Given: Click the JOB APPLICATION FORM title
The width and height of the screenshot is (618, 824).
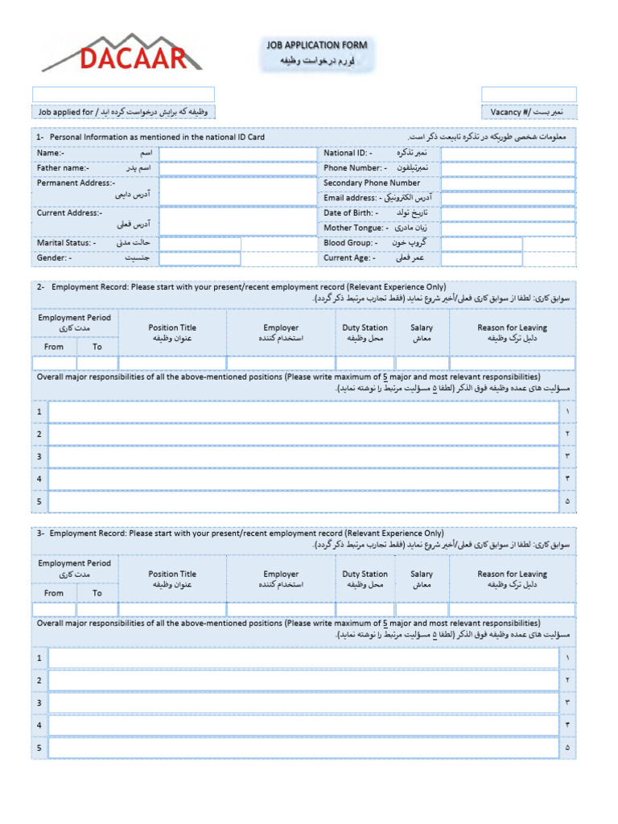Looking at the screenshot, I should (317, 46).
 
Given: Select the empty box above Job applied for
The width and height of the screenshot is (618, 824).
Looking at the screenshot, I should (123, 94).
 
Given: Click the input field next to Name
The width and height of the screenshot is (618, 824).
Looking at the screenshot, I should (238, 153).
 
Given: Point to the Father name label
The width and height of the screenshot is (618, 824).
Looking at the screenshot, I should (64, 168).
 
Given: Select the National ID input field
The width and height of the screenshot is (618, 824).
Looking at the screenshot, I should (508, 153).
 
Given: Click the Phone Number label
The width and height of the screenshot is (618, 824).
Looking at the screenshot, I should (356, 168).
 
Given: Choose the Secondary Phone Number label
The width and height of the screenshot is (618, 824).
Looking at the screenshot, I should (372, 183).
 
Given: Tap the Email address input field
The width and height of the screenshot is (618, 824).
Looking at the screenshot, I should (508, 198).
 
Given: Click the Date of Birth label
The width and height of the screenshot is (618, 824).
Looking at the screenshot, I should (352, 213).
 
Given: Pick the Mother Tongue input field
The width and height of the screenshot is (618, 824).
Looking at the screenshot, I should (508, 229).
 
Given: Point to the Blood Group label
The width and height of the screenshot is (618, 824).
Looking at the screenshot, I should (349, 243).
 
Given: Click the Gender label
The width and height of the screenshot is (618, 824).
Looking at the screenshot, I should (54, 258).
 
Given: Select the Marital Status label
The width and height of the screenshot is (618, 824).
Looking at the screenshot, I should (66, 243).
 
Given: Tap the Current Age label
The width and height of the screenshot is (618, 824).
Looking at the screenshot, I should (348, 258).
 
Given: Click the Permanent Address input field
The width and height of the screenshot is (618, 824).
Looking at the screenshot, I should (238, 191).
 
